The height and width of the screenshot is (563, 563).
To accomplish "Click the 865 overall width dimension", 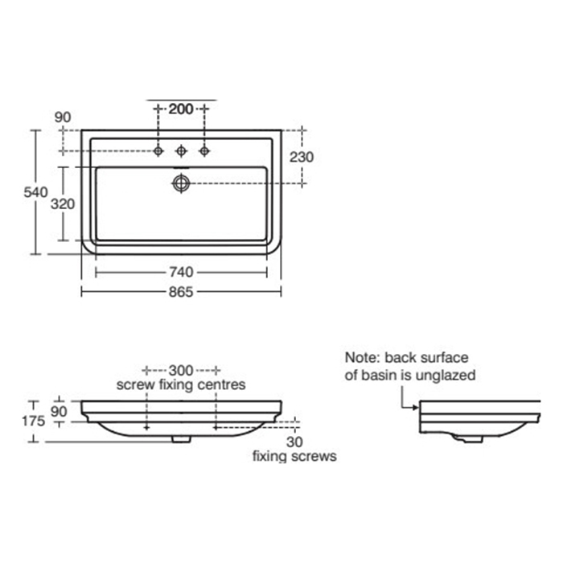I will pos(181,292).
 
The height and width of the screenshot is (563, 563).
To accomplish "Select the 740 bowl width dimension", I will pos(181,272).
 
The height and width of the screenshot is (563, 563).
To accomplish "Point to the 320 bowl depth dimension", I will pos(63,203).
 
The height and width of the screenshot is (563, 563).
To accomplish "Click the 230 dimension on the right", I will pos(302,158).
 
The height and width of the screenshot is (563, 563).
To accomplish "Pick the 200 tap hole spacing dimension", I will pos(182,109).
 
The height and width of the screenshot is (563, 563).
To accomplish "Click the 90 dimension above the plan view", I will pos(63,117).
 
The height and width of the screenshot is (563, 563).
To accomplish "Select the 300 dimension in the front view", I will pos(181,370).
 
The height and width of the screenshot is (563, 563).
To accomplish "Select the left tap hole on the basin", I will pos(159,150).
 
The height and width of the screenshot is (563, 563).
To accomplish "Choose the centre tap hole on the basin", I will pos(182,150).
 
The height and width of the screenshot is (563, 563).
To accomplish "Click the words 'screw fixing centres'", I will pos(181,384).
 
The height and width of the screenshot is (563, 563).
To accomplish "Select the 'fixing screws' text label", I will pos(294,456).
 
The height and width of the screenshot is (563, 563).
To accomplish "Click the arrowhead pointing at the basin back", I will pos(414,407).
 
